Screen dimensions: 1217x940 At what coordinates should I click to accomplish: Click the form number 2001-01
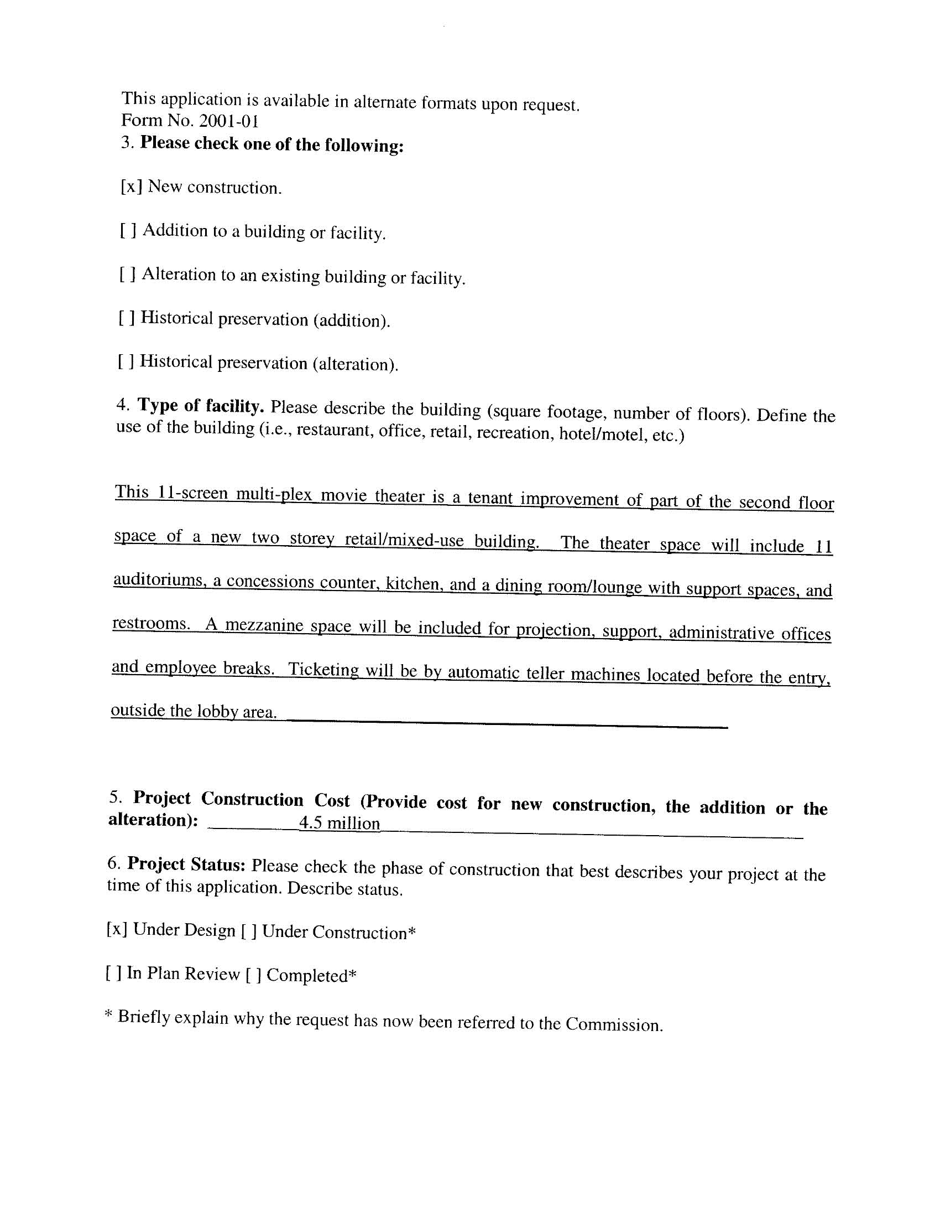click(x=228, y=121)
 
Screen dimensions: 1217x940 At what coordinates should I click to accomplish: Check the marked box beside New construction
click(x=132, y=186)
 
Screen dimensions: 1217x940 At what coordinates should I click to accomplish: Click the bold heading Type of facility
click(x=201, y=406)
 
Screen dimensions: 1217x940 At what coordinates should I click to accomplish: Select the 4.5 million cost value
click(x=339, y=823)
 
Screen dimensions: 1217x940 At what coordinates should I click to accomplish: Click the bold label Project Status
click(x=186, y=864)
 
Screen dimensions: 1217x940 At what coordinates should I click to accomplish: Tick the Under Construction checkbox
click(x=249, y=931)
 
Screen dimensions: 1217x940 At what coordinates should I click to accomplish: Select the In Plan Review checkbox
click(x=113, y=973)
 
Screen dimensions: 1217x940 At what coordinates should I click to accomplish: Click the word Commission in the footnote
click(x=614, y=1024)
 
